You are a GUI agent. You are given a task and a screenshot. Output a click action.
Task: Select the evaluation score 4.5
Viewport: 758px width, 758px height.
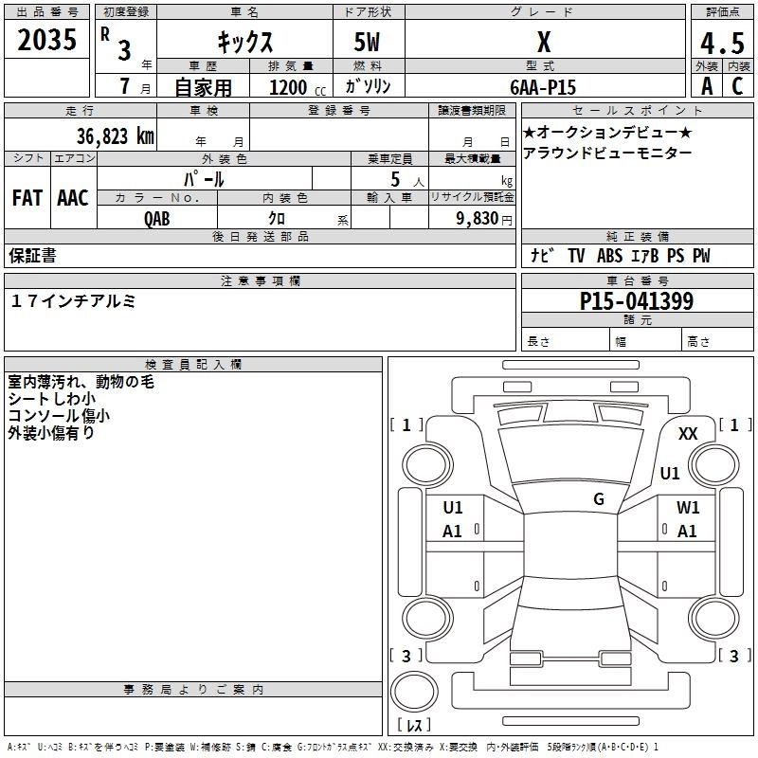721,44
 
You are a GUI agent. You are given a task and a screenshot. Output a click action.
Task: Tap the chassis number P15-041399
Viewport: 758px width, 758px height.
636,302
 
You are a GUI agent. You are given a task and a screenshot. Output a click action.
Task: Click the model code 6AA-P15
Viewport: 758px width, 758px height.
543,86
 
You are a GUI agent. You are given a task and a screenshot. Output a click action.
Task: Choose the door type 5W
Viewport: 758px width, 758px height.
368,42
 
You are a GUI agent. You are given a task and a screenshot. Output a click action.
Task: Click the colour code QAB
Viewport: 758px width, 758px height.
157,218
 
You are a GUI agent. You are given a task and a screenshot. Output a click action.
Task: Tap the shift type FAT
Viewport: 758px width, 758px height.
27,198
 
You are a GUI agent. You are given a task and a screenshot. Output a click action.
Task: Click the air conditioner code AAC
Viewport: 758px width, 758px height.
73,198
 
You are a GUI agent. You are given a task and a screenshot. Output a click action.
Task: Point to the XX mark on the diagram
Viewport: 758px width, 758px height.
689,433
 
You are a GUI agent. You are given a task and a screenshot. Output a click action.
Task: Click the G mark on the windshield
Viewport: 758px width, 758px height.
599,499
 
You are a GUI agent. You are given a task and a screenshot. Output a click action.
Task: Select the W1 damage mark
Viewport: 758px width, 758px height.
688,508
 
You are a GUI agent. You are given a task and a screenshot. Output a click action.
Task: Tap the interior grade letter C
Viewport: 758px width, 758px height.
736,86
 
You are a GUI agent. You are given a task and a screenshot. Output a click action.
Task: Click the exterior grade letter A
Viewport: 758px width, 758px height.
706,86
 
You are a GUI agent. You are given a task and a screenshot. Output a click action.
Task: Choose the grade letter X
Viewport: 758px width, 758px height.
543,43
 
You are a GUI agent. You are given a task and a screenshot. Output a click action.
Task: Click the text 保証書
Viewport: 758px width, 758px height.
32,256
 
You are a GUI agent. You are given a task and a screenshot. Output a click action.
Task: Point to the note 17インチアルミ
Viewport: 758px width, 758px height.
74,300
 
